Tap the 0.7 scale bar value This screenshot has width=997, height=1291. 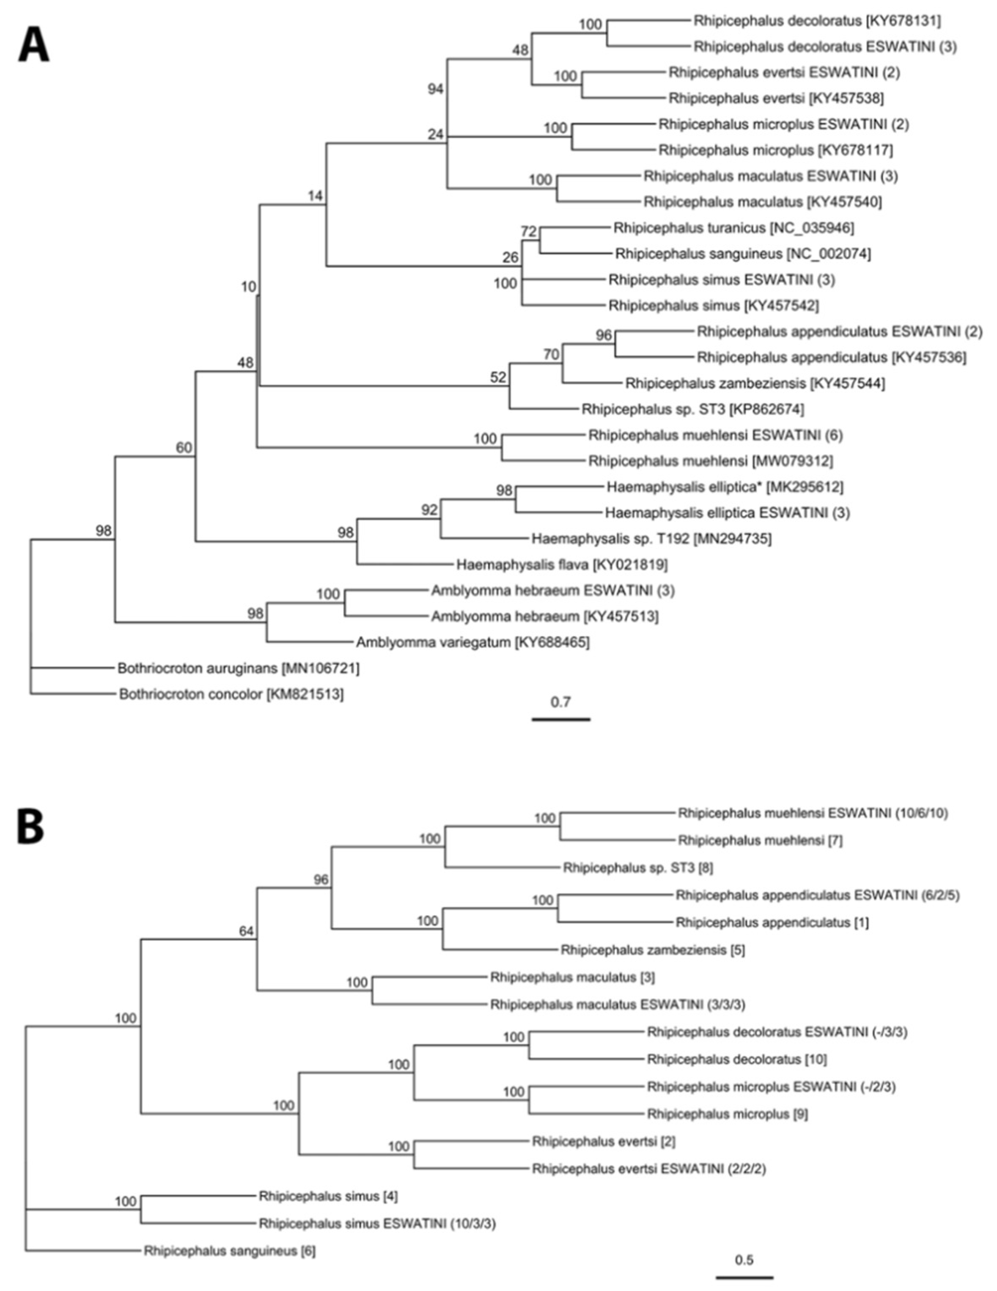(x=560, y=702)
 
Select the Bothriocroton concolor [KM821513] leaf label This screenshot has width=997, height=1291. (x=231, y=694)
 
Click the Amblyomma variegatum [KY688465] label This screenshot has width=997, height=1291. (x=472, y=642)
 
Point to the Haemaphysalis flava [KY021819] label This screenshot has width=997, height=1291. (x=561, y=564)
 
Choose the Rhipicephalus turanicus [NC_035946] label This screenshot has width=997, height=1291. (x=733, y=228)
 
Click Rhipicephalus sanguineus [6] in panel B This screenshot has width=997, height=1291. (x=229, y=1251)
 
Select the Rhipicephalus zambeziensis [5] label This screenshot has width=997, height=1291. (x=652, y=950)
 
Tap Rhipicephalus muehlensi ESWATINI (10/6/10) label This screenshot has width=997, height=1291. (x=813, y=813)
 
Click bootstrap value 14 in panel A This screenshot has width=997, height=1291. (x=316, y=195)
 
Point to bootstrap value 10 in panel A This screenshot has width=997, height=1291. (x=248, y=287)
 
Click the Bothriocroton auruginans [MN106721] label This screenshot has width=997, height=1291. (x=238, y=668)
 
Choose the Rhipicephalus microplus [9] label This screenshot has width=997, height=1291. (x=728, y=1114)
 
